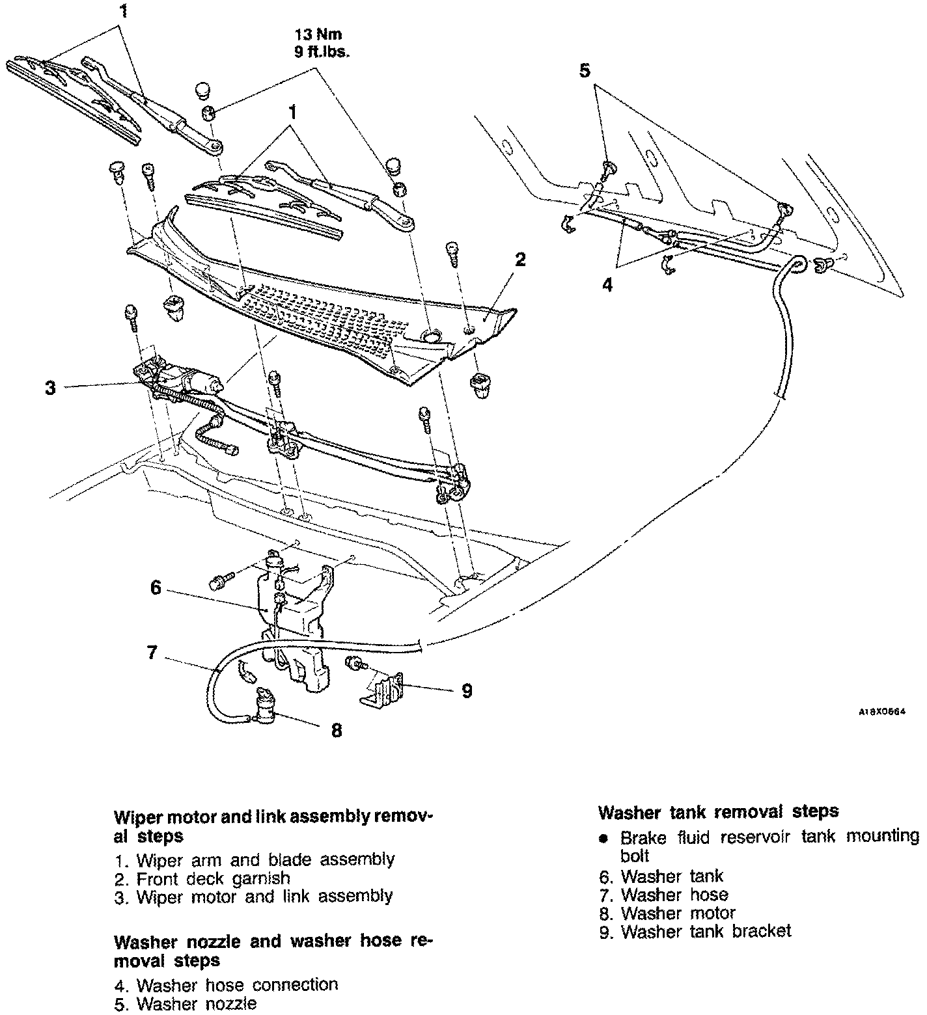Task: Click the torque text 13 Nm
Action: pyautogui.click(x=318, y=34)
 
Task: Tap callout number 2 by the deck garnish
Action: pyautogui.click(x=519, y=260)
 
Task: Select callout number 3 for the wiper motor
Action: pyautogui.click(x=50, y=388)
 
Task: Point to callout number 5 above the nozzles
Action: pyautogui.click(x=585, y=70)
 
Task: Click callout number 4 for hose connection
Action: pyautogui.click(x=607, y=285)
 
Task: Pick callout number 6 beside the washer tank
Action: pyautogui.click(x=156, y=588)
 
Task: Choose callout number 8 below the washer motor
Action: pyautogui.click(x=336, y=731)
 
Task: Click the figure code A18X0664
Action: pyautogui.click(x=881, y=712)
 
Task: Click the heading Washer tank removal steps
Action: pyautogui.click(x=718, y=812)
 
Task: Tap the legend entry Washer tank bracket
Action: pyautogui.click(x=706, y=932)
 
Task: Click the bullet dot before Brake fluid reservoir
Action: pyautogui.click(x=604, y=838)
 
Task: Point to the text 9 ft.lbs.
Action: pyautogui.click(x=321, y=52)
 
